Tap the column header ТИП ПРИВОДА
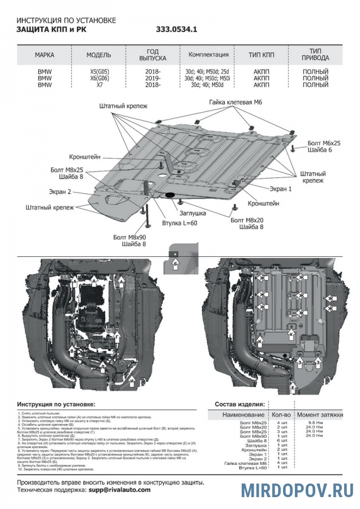coord(315,55)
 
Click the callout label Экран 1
coord(280,189)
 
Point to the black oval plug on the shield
coord(170,196)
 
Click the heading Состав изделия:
coord(239,405)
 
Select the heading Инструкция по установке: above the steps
coord(56,405)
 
